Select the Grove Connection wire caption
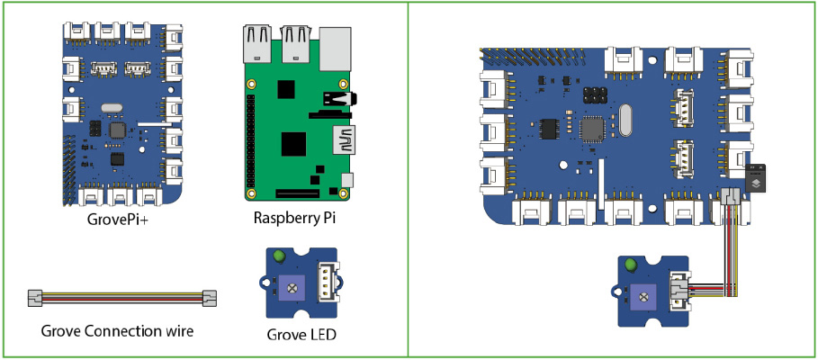(117, 330)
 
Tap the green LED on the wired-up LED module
(631, 265)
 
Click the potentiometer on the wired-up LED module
(643, 294)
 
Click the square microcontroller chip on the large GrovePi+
(593, 130)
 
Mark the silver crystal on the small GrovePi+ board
(110, 109)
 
